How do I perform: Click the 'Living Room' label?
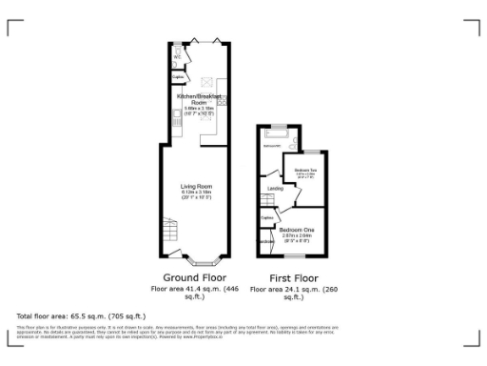coord(197,186)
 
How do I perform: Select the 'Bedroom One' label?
coord(294,230)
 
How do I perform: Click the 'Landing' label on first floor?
coord(276,189)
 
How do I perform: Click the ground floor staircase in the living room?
coord(169,232)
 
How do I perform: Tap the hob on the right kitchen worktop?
coord(220,100)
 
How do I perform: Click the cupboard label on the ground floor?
coord(177,78)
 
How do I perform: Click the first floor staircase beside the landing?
coord(266,201)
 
